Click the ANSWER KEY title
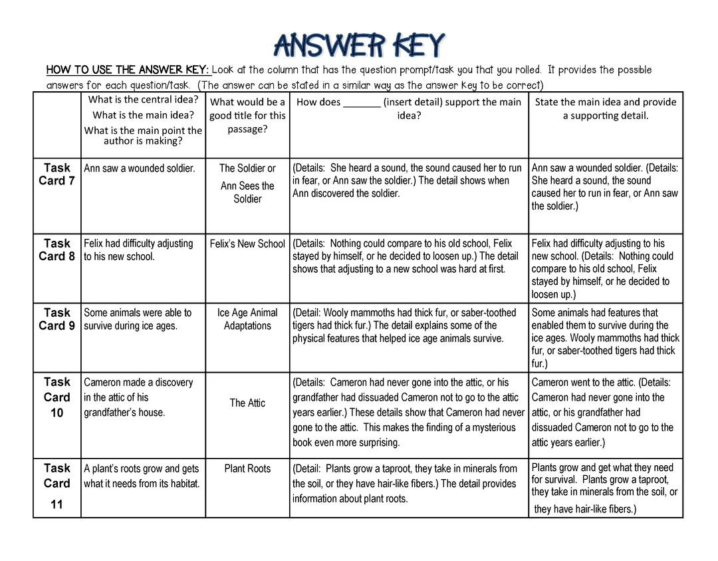[359, 46]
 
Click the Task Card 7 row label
[57, 174]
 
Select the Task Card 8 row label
[57, 250]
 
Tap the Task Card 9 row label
[57, 319]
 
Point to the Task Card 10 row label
[57, 397]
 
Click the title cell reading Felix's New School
[247, 244]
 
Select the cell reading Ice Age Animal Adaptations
[247, 319]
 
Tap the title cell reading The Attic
[247, 403]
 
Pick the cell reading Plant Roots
[247, 468]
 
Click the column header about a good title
[247, 115]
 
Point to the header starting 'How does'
[409, 108]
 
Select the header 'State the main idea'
[606, 108]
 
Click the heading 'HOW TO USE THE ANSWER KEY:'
[128, 70]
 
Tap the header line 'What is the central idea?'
[144, 100]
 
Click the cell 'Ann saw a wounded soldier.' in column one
[140, 168]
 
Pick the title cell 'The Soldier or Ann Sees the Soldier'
[247, 183]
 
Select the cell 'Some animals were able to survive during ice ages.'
[138, 319]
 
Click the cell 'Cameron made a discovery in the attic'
[138, 397]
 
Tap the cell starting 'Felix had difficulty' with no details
[138, 250]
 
